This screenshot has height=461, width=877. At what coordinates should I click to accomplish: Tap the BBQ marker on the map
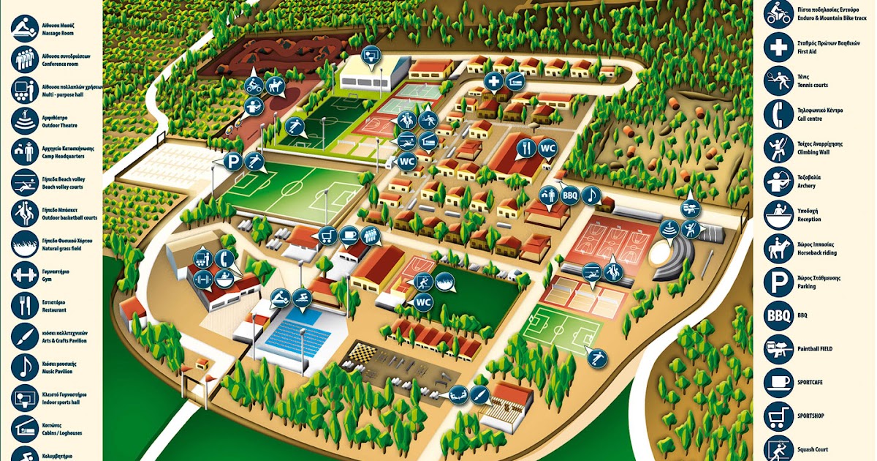tap(570, 196)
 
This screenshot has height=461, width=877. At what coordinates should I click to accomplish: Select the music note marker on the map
tap(591, 195)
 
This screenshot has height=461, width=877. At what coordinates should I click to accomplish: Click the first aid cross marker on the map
tap(494, 81)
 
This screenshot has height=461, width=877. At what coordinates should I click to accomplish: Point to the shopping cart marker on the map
tap(327, 236)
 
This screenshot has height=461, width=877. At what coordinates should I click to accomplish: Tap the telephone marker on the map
tap(225, 258)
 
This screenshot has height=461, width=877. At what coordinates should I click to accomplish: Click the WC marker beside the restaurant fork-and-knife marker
tap(547, 149)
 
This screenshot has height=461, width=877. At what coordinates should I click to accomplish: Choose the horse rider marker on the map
tap(275, 86)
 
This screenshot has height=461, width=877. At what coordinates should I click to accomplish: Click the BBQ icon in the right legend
tap(778, 315)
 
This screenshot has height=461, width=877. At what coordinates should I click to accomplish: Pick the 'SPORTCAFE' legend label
tap(816, 383)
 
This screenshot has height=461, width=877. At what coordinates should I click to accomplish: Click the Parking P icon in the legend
tap(778, 282)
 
